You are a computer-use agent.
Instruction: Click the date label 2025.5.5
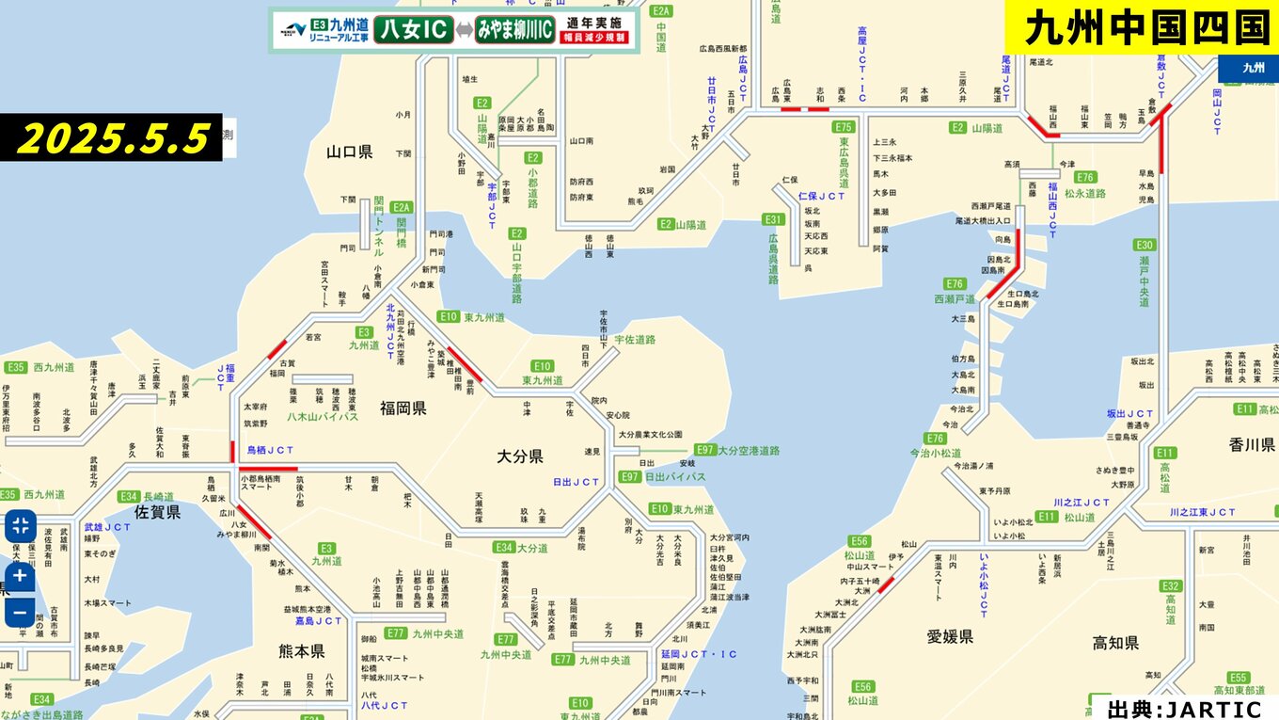coord(112,137)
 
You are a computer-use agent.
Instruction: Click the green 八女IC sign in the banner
coord(414,29)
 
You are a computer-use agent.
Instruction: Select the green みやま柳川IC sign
coord(513,29)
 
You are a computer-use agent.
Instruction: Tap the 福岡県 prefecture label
coord(403,408)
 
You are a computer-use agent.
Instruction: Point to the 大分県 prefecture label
coord(520,456)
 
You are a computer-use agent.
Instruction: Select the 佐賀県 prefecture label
coord(157,512)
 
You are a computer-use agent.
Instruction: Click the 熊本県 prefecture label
coord(301,651)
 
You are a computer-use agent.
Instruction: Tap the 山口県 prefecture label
coord(350,152)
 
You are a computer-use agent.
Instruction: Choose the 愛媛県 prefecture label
coord(949,637)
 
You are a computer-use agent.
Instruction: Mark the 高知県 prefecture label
coord(1115,644)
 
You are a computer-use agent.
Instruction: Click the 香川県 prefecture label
coord(1251,444)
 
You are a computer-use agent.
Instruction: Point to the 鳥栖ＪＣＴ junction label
coord(270,451)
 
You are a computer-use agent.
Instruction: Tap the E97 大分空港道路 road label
coord(737,451)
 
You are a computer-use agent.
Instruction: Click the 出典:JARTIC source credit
coord(1184,709)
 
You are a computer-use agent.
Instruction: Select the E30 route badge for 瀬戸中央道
coord(1145,246)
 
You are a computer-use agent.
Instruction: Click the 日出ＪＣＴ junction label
coord(576,482)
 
